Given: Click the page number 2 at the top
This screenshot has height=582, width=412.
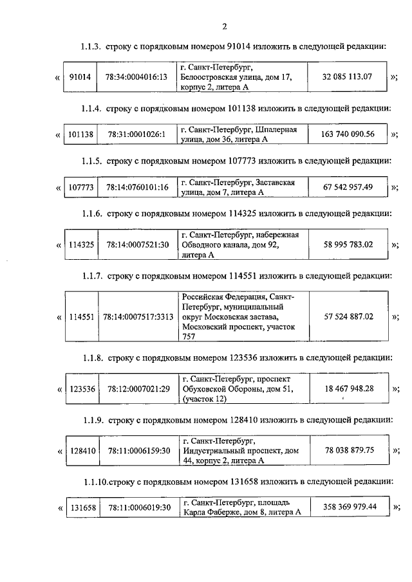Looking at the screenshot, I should [224, 26].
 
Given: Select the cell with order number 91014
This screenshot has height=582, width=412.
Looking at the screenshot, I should [79, 77].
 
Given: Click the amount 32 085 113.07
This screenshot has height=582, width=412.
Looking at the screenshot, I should [347, 77].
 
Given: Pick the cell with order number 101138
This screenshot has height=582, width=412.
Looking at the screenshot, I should [80, 134].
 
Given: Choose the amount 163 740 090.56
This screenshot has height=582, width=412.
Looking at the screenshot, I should [347, 134].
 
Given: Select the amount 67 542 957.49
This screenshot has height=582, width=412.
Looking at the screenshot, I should [347, 187].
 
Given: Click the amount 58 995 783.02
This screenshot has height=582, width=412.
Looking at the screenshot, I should [348, 244].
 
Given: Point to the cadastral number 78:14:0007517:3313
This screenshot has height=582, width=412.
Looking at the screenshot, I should [138, 316].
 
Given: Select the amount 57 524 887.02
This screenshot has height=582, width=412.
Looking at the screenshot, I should [348, 316].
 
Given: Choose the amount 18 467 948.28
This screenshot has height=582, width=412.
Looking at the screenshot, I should [348, 388].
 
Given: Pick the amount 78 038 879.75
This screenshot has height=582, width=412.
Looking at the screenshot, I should [348, 451].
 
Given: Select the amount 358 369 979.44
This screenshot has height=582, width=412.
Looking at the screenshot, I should [348, 507].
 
